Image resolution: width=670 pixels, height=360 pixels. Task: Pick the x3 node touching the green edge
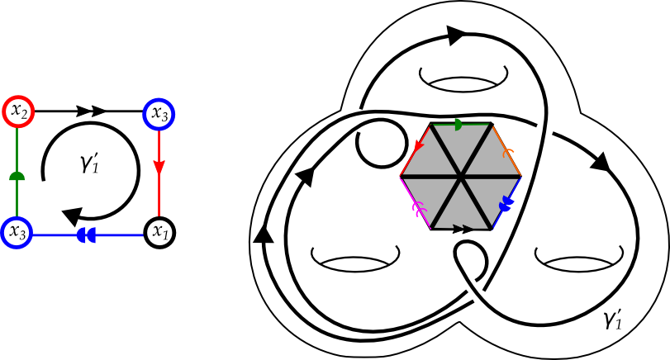pos(16,232)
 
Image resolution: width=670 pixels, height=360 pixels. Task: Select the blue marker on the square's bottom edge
pos(85,235)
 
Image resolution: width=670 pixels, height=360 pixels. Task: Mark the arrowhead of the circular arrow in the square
pos(74,216)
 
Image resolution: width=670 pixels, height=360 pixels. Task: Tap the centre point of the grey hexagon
pos(460,177)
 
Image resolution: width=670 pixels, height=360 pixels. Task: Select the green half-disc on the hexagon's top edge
pos(460,125)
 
